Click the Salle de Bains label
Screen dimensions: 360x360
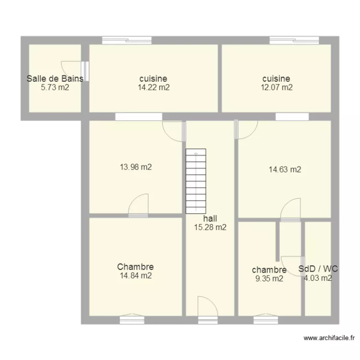(55, 79)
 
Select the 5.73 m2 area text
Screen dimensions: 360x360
(55, 87)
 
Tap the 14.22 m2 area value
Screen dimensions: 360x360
(153, 87)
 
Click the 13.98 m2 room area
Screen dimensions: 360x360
(136, 167)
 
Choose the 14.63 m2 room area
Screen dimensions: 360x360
(285, 169)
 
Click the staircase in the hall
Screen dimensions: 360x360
(196, 181)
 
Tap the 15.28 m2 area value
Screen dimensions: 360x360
(210, 228)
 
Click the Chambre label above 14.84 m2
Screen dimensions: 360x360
(135, 267)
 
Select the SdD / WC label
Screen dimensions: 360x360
(318, 269)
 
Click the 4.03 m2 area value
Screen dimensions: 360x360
(318, 278)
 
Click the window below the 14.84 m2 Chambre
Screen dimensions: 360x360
(132, 319)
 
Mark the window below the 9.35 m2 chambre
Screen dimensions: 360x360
(265, 319)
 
